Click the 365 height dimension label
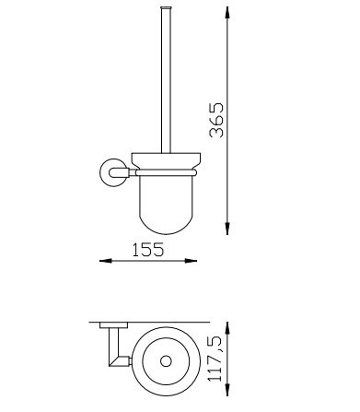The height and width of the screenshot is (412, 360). (x=216, y=120)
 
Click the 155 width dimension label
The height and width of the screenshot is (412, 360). (x=148, y=250)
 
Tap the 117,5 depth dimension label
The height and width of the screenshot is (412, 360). (x=215, y=359)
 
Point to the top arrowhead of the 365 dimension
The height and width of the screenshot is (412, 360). (x=227, y=14)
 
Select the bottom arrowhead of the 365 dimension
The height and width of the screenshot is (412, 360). (x=227, y=229)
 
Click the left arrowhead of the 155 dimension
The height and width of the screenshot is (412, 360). (x=106, y=261)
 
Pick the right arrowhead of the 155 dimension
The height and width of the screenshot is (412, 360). (x=191, y=261)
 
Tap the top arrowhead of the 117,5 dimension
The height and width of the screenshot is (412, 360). (x=227, y=329)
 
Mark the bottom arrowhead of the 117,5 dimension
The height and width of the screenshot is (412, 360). (x=227, y=388)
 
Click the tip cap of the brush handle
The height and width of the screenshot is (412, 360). (x=166, y=7)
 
